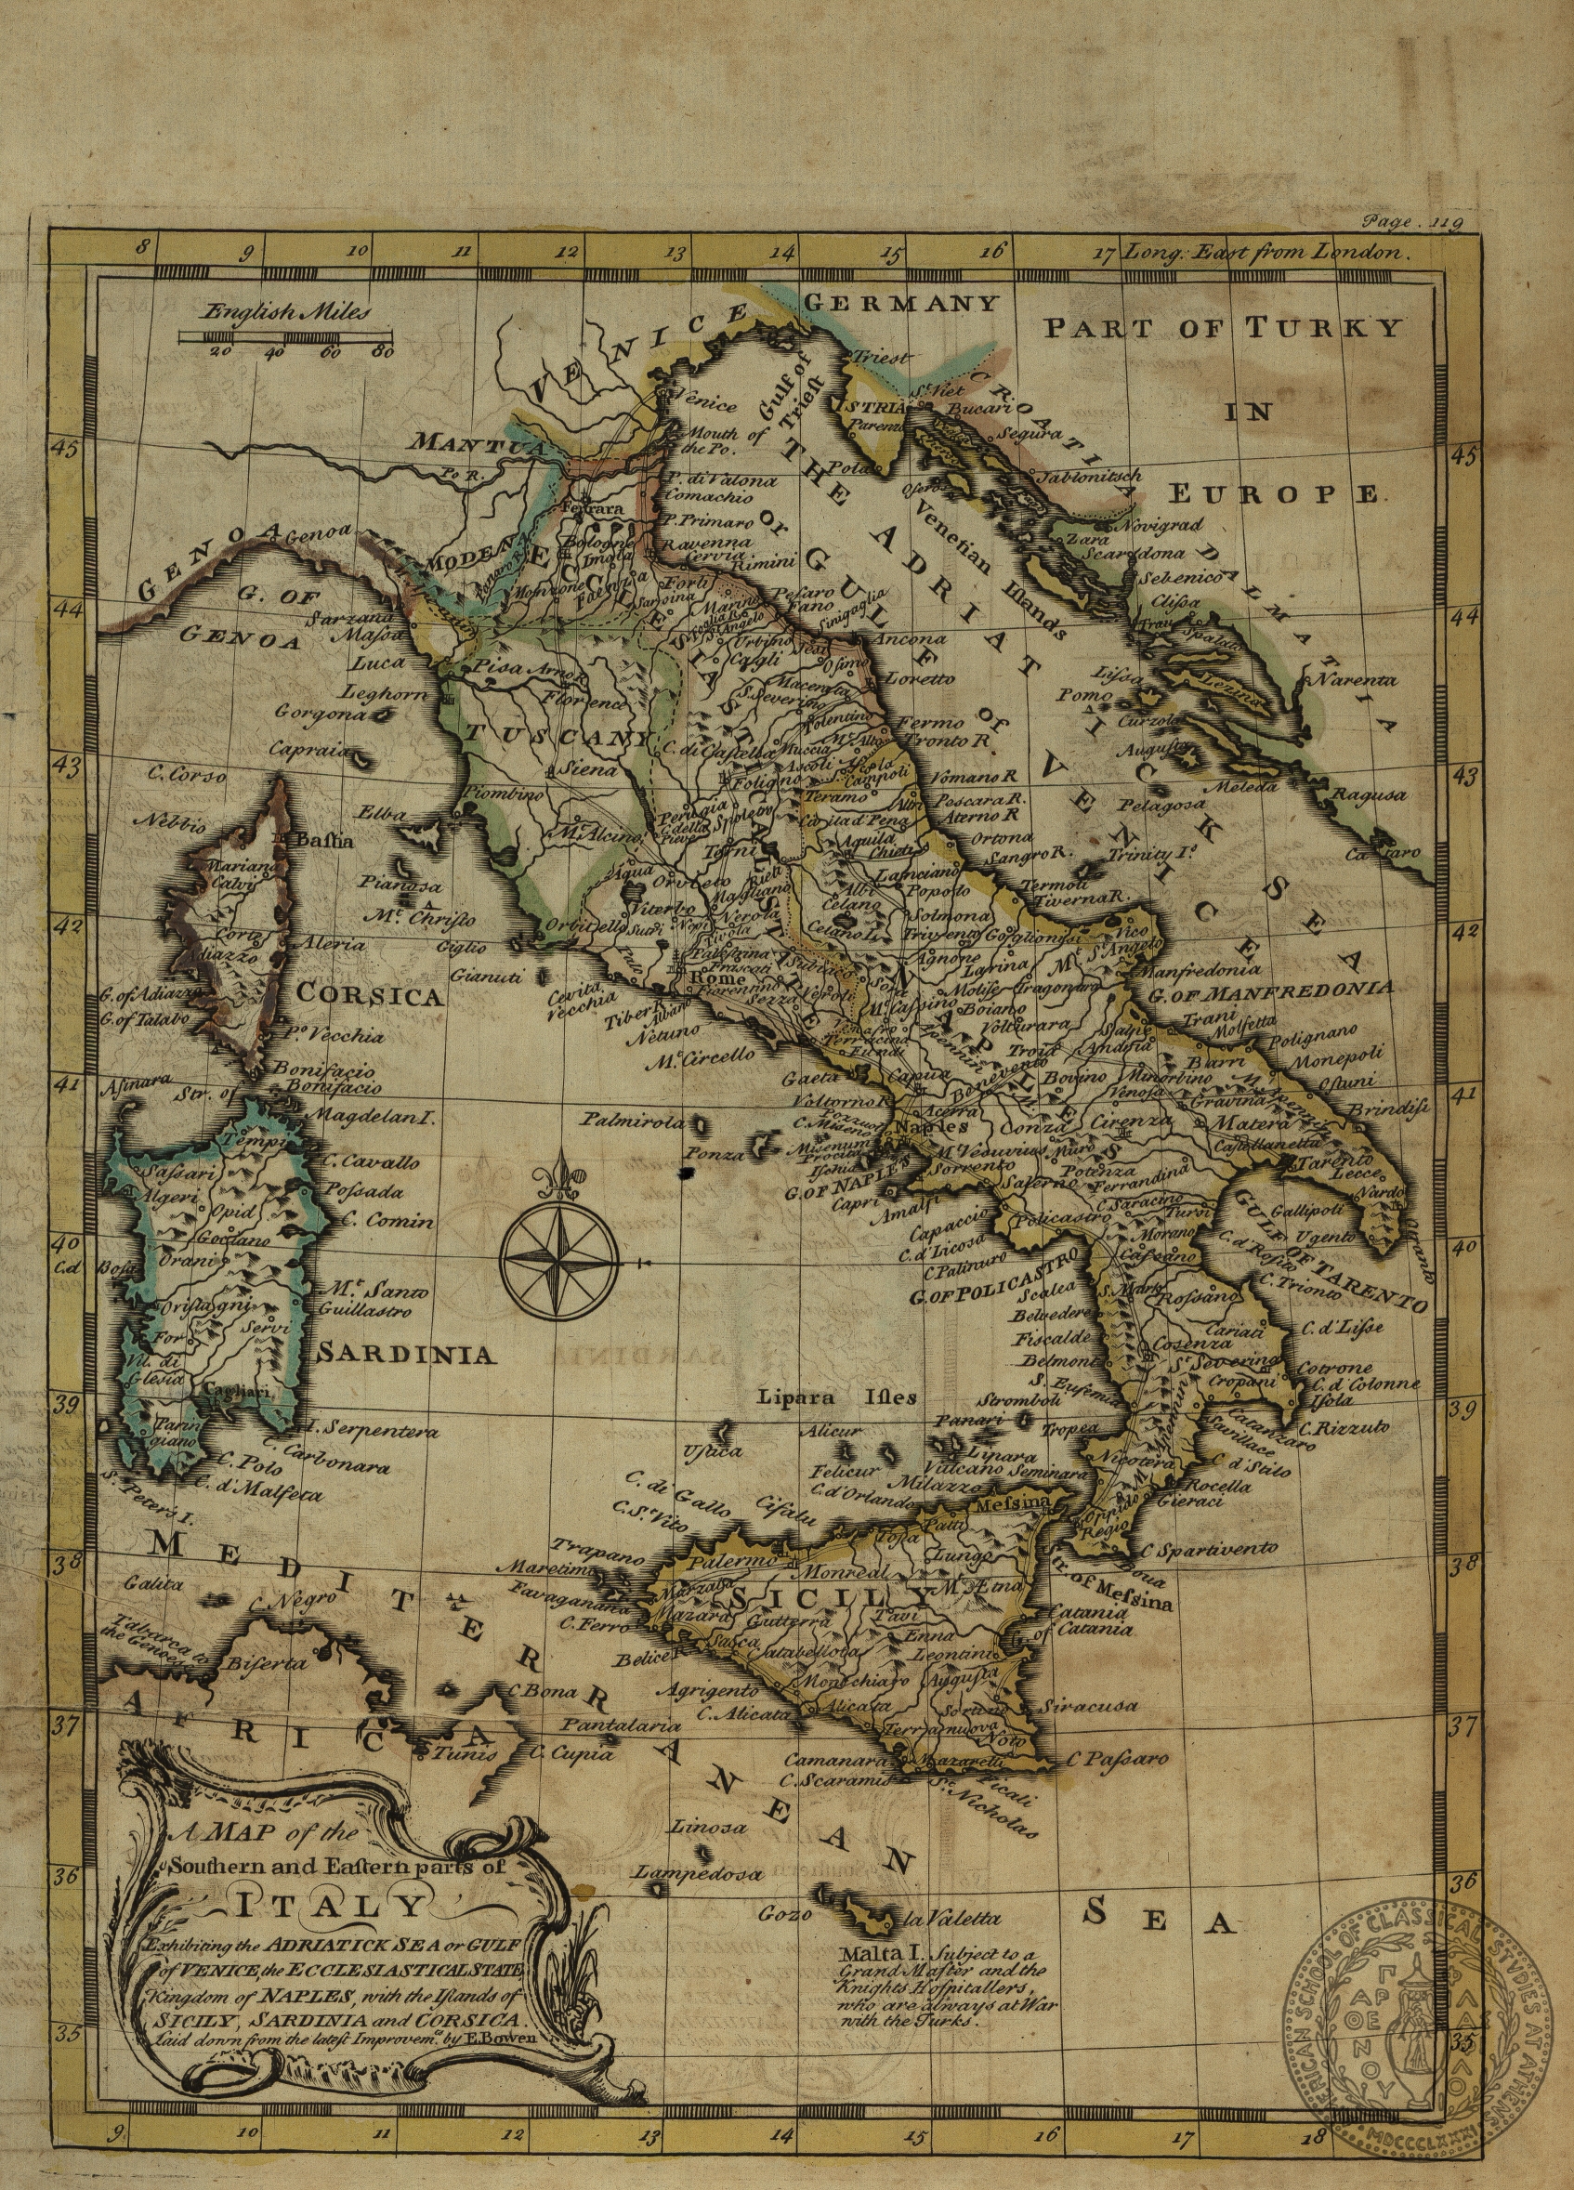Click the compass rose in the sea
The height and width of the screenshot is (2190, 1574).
(x=559, y=1256)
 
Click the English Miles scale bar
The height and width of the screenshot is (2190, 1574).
(x=287, y=336)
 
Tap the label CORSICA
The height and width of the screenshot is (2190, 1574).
(x=369, y=993)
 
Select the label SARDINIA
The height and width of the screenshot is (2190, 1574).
(x=407, y=1355)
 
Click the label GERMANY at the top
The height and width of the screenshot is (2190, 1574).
(x=900, y=303)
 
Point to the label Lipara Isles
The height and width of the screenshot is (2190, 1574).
(x=836, y=1397)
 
